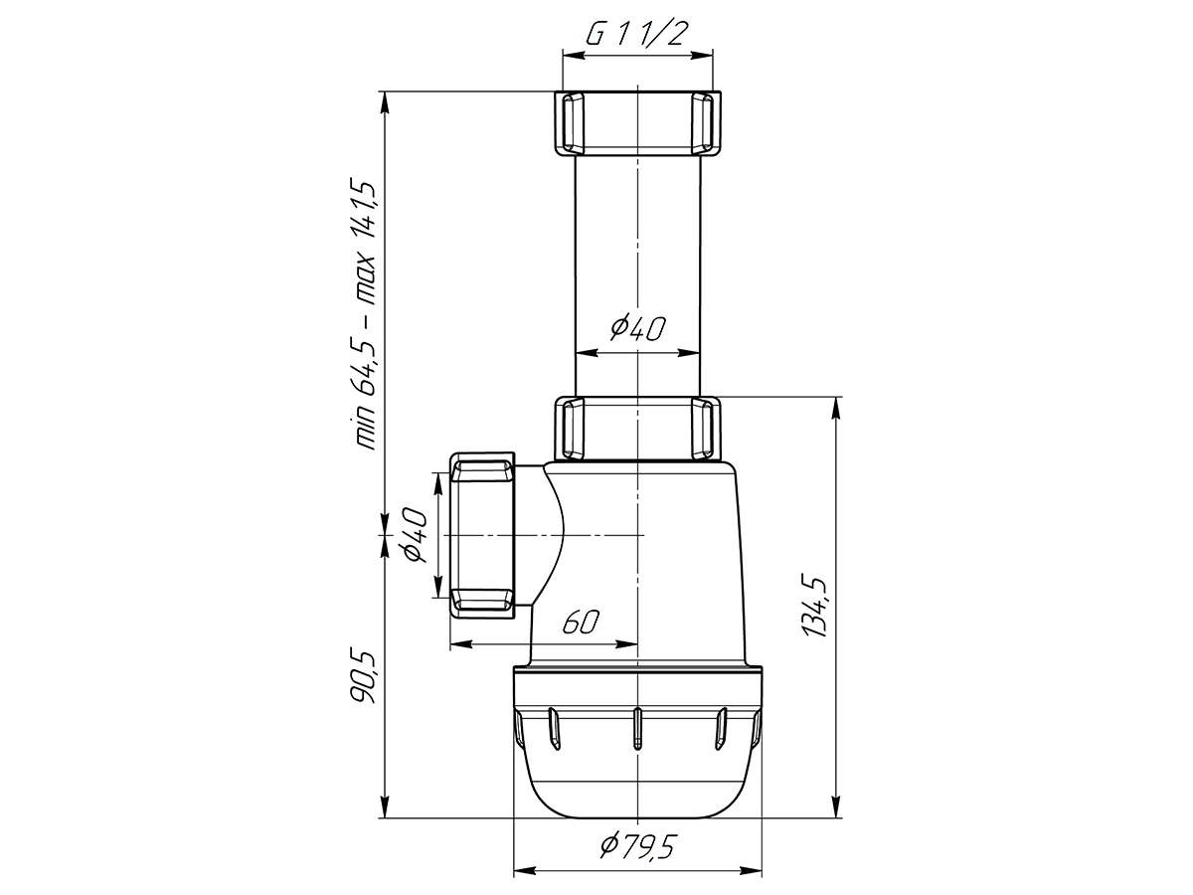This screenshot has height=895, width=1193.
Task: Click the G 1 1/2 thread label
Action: tap(637, 34)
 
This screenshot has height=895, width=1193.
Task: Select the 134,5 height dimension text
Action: tap(814, 607)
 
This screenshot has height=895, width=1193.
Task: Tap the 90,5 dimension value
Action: tap(363, 678)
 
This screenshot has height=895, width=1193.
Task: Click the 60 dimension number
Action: tap(581, 622)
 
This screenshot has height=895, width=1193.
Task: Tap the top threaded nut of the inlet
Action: tap(637, 123)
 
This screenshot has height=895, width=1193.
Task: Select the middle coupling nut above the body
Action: tap(637, 429)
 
